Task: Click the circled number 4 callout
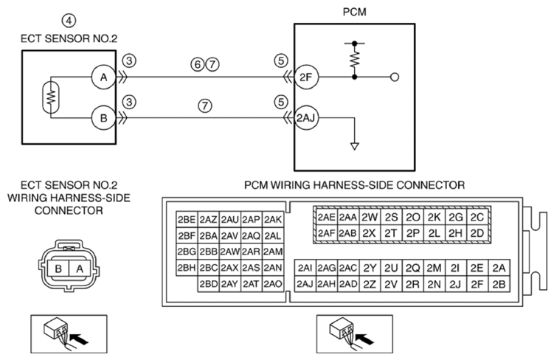coord(69,21)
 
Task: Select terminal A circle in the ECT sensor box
coord(103,77)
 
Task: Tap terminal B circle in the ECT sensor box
coord(103,118)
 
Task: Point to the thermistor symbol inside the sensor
coord(50,97)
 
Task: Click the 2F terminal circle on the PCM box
coord(306,77)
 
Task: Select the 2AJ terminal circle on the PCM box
coord(306,118)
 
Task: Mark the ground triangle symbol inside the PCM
coord(354,146)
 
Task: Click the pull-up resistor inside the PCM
coord(354,59)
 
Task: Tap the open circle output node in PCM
coord(395,77)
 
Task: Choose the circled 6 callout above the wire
coord(198,65)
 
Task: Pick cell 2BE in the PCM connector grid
coord(187,220)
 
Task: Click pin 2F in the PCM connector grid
coord(477,284)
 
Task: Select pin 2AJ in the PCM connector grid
coord(305,284)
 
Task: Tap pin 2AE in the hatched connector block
coord(327,217)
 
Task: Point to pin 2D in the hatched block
coord(477,233)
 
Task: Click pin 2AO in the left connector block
coord(273,284)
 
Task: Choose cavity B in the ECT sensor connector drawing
coord(58,269)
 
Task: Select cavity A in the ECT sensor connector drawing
coord(80,269)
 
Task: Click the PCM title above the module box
coord(354,12)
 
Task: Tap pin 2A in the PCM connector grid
coord(499,268)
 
